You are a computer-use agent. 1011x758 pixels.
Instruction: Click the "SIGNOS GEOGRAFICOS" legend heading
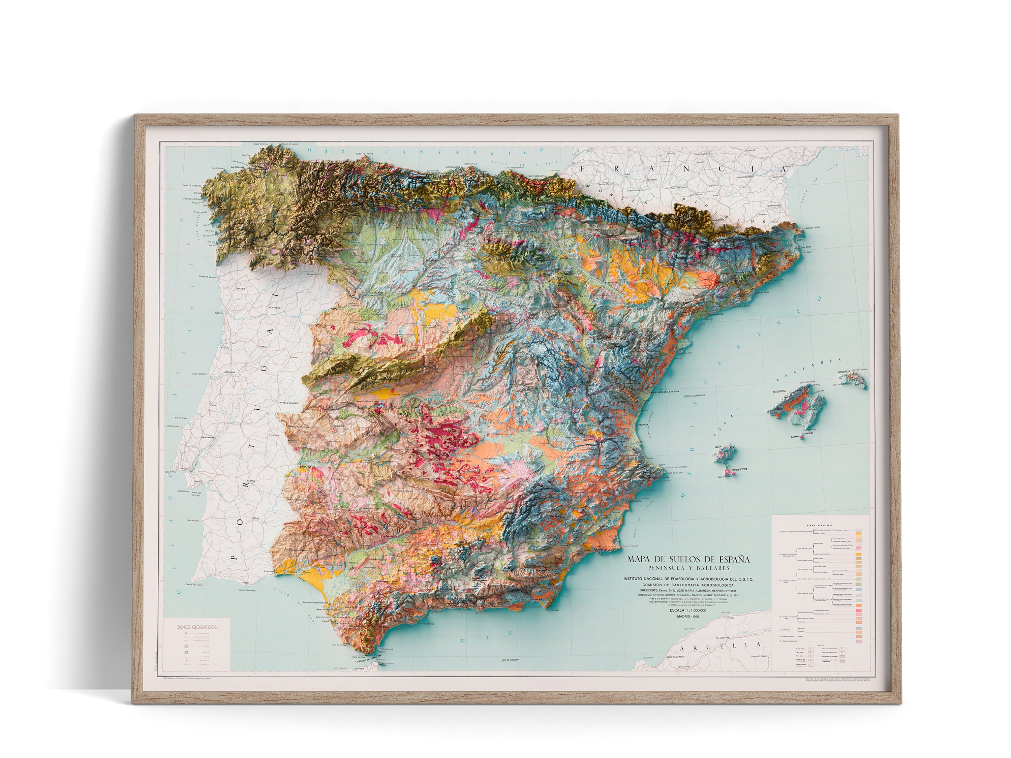[x=197, y=627]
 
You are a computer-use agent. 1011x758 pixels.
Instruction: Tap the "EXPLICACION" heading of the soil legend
[x=819, y=526]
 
